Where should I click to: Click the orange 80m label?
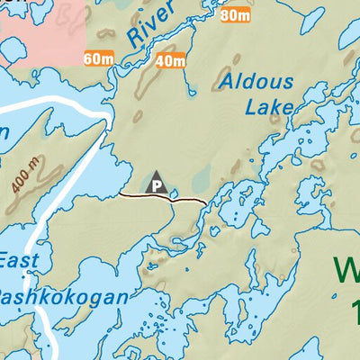coord(234,15)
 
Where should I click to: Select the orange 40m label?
coord(169,61)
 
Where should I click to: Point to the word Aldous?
coord(256,83)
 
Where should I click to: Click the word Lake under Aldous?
coord(269,106)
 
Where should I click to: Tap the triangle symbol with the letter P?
coord(157,183)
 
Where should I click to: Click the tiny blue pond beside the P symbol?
coord(173,191)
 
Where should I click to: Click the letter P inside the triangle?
coord(157,186)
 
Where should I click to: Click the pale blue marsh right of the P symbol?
coord(200,176)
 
